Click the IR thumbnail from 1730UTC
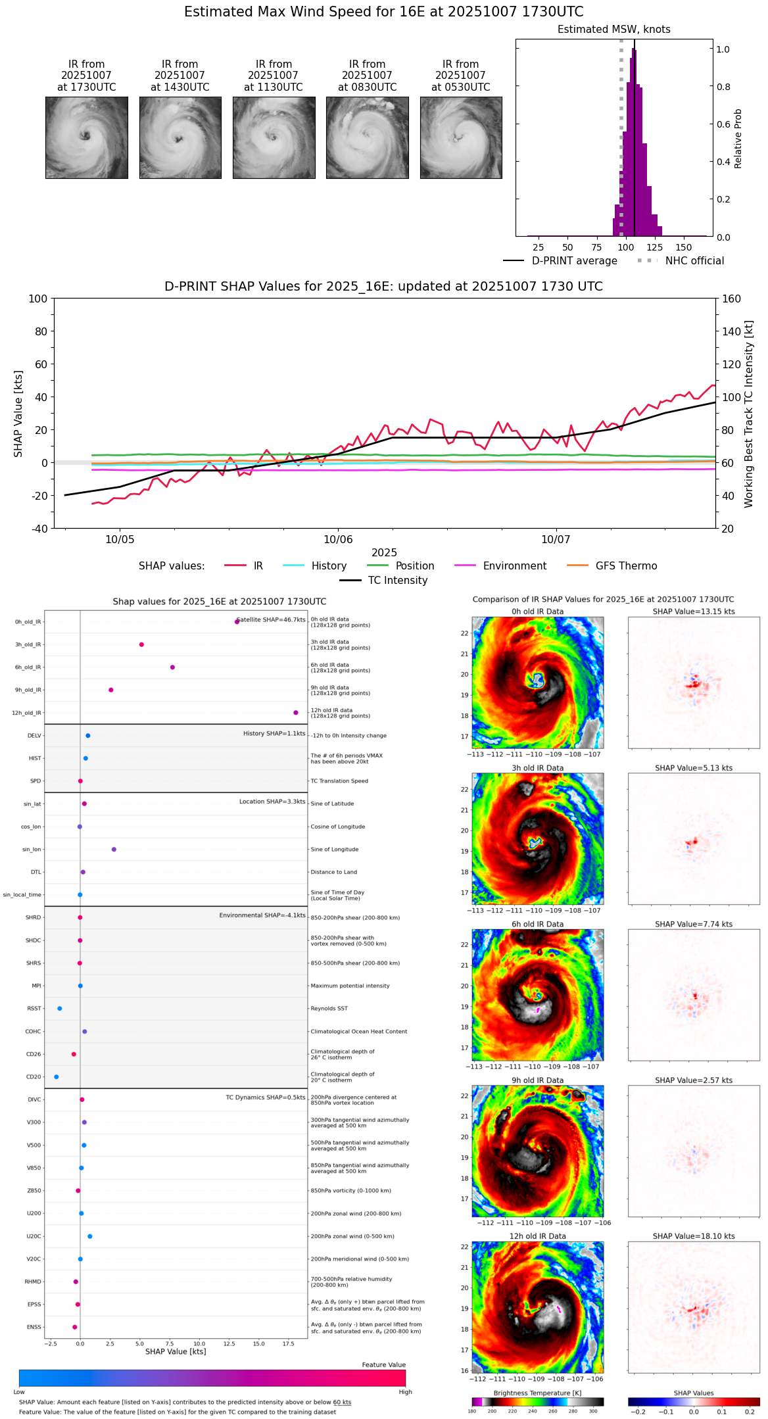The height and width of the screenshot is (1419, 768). coord(86,137)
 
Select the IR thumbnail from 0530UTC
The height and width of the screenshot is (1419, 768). coord(460,137)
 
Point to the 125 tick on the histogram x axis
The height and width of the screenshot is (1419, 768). coord(655,248)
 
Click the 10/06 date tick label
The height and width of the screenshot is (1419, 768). coord(338,540)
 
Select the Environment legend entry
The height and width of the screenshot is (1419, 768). coord(514,566)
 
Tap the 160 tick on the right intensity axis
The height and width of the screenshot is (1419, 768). coord(731,299)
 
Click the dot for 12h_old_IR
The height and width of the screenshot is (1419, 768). coord(296,713)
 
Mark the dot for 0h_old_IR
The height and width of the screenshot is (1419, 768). coord(237,621)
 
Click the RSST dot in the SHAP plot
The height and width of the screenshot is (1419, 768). coord(60,1009)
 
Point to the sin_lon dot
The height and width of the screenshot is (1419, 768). coord(114,850)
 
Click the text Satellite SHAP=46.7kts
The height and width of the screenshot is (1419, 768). coord(271,620)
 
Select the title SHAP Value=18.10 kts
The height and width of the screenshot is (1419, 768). coord(694,1236)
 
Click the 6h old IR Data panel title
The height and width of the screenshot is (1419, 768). coord(537,924)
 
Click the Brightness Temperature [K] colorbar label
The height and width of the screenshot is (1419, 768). coord(537,1393)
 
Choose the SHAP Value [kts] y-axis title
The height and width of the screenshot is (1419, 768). coord(18,414)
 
